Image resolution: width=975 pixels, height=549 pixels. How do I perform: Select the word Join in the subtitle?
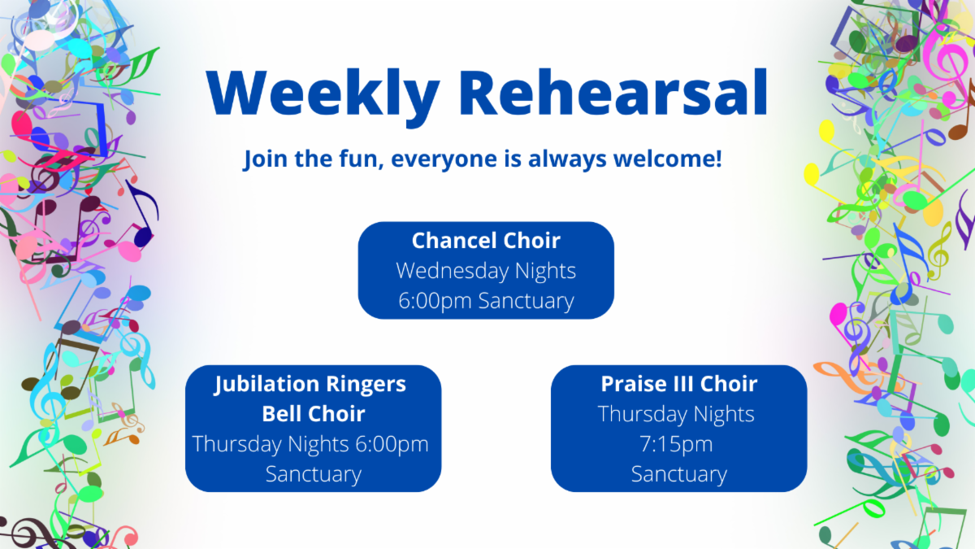click(x=265, y=159)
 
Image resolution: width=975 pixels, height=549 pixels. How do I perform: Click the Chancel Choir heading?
click(x=486, y=240)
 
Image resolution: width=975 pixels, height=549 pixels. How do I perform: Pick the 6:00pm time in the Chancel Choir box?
click(x=435, y=301)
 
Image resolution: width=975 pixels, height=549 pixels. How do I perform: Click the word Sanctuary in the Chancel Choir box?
click(x=526, y=301)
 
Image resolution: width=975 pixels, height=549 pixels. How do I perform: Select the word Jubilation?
click(x=266, y=385)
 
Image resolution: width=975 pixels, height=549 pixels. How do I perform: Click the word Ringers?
click(x=366, y=385)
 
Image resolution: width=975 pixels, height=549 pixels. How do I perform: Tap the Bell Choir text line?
click(x=314, y=413)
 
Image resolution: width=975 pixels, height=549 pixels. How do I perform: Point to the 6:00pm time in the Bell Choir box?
click(x=392, y=445)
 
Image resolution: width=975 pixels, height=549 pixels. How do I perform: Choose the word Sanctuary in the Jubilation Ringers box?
click(x=314, y=474)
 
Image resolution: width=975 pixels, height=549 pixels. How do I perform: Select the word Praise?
click(x=630, y=384)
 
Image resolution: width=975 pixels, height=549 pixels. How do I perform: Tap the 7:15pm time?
click(x=676, y=445)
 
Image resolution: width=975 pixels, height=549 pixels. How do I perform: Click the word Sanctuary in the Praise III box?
click(x=679, y=474)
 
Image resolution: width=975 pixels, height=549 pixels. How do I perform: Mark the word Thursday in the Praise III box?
click(x=643, y=414)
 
